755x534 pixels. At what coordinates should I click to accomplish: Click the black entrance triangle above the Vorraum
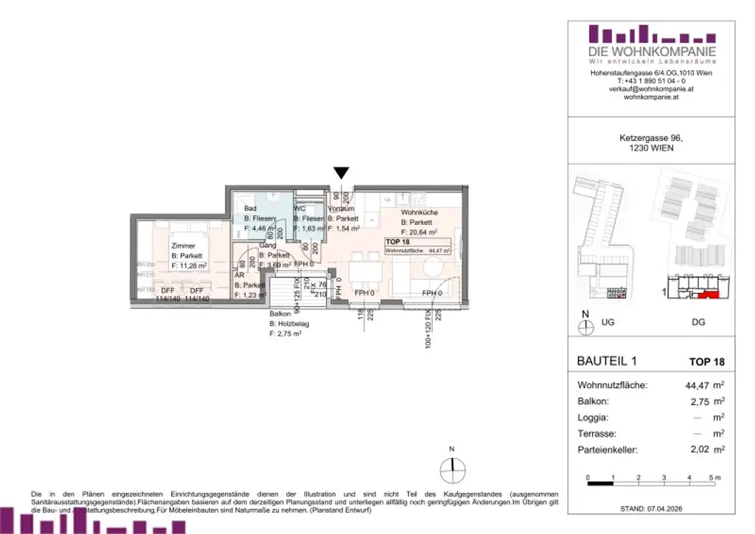click(341, 173)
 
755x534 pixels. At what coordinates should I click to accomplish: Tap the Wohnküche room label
click(419, 212)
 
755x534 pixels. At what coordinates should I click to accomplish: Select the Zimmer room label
click(184, 245)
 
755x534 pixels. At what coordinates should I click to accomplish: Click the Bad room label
click(251, 209)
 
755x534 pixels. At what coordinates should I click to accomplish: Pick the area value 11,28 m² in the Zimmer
click(189, 265)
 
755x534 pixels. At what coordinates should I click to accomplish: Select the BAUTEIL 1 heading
click(604, 361)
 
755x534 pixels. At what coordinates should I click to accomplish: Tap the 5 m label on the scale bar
click(713, 479)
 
